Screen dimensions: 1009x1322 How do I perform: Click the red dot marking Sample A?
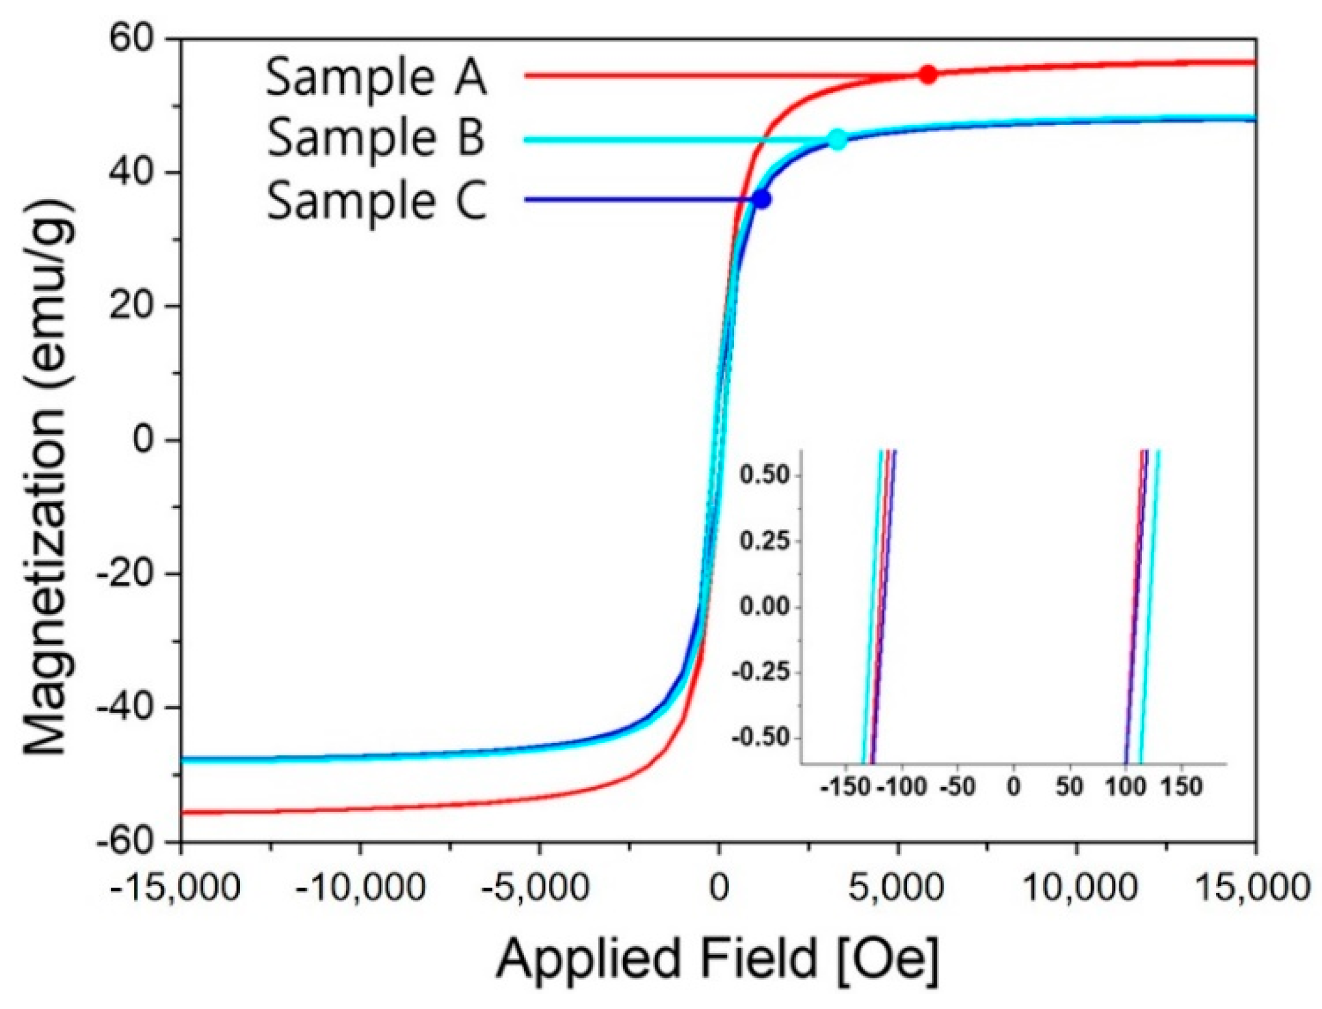[x=928, y=75]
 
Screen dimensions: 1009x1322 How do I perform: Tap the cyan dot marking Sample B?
[x=838, y=139]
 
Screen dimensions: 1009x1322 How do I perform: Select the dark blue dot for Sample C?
[x=761, y=200]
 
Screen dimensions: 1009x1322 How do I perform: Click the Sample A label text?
[x=376, y=77]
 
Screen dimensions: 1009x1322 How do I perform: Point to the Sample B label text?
[x=375, y=138]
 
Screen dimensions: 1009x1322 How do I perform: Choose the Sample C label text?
[x=376, y=200]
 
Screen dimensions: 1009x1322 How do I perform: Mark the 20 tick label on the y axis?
[x=131, y=306]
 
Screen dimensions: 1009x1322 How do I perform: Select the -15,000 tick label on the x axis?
[x=175, y=887]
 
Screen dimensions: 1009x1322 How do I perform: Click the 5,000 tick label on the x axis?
[x=897, y=887]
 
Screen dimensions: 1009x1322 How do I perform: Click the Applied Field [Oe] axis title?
[x=718, y=958]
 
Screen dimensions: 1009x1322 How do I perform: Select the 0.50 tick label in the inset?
[x=764, y=475]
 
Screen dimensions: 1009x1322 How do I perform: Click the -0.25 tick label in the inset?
[x=760, y=672]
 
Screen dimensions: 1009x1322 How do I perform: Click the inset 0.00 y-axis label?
[x=764, y=607]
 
